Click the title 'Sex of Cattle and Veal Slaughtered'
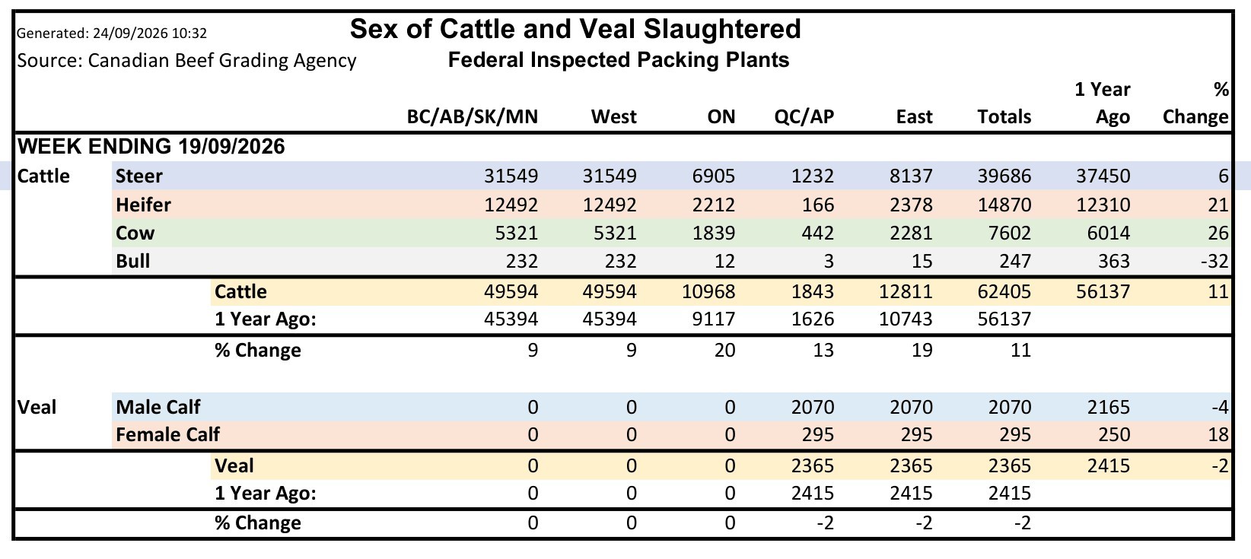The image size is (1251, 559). pyautogui.click(x=575, y=29)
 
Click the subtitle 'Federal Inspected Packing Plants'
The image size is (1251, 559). pyautogui.click(x=618, y=60)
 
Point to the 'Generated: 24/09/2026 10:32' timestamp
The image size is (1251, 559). pyautogui.click(x=112, y=33)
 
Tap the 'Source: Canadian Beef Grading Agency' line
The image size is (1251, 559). pyautogui.click(x=186, y=60)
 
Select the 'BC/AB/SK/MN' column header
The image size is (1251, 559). pyautogui.click(x=472, y=116)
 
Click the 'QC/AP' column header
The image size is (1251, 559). pyautogui.click(x=804, y=116)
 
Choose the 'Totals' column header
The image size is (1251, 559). pyautogui.click(x=1004, y=116)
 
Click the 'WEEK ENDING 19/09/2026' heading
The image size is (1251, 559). pyautogui.click(x=151, y=146)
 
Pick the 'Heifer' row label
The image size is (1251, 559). pyautogui.click(x=143, y=205)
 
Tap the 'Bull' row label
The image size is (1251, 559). pyautogui.click(x=133, y=262)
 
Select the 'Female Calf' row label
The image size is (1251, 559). pyautogui.click(x=167, y=434)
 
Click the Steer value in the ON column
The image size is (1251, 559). pyautogui.click(x=714, y=176)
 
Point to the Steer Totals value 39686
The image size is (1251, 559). pyautogui.click(x=1004, y=176)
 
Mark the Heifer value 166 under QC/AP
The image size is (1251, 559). pyautogui.click(x=818, y=205)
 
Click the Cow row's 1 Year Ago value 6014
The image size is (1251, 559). pyautogui.click(x=1109, y=233)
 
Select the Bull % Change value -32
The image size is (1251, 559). pyautogui.click(x=1214, y=262)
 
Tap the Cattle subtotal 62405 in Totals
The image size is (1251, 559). pyautogui.click(x=1004, y=291)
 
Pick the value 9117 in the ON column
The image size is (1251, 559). pyautogui.click(x=714, y=319)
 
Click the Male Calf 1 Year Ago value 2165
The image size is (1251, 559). pyautogui.click(x=1109, y=407)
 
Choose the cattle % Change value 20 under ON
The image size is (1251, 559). pyautogui.click(x=725, y=350)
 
